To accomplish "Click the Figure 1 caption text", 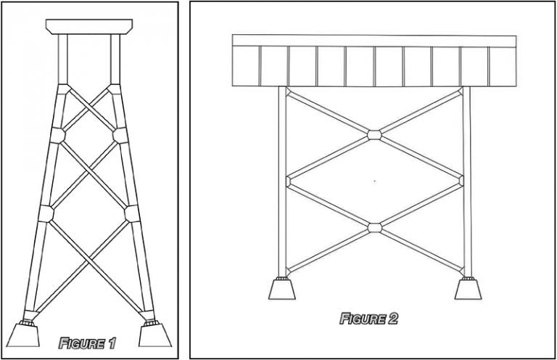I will (x=86, y=343).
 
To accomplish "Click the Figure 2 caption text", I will (x=368, y=318).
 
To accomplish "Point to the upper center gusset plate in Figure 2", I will (x=374, y=134).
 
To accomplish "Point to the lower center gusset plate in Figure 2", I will (x=374, y=228).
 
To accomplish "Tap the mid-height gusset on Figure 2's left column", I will (x=288, y=181).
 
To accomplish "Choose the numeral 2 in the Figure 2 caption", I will (x=392, y=318).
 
